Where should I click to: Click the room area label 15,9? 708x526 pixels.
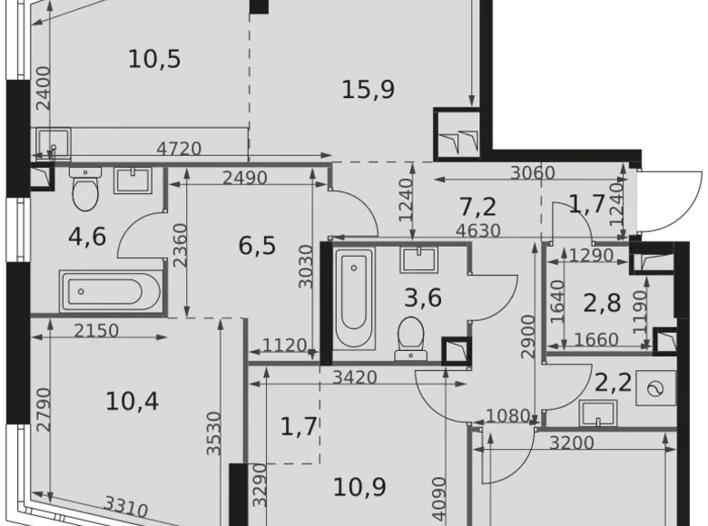click(x=368, y=90)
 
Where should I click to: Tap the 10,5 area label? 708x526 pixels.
click(x=154, y=60)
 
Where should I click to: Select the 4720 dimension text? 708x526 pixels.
click(x=179, y=149)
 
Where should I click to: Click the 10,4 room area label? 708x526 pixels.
click(x=132, y=400)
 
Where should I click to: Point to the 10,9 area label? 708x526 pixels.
click(x=360, y=487)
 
